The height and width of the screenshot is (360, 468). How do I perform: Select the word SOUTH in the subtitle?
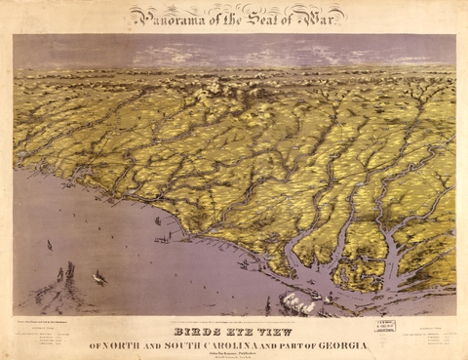[x=193, y=345]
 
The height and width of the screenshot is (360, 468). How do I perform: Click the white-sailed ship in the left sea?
[x=99, y=278]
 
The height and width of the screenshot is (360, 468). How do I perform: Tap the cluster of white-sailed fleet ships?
[x=297, y=303]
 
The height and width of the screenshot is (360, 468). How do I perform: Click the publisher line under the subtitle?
[x=234, y=354]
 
